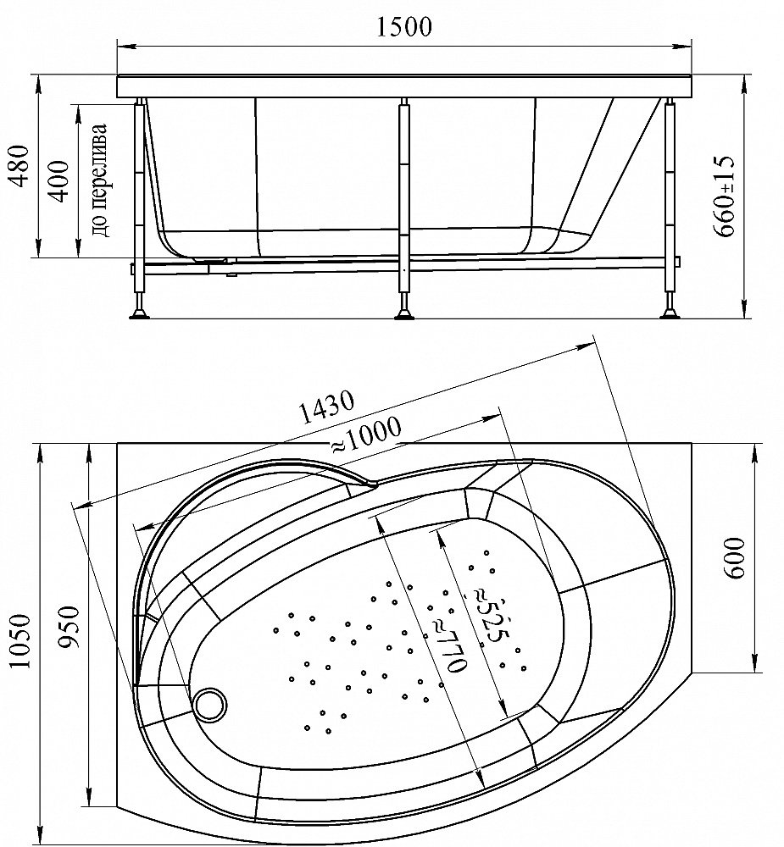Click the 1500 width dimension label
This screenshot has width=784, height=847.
(x=404, y=27)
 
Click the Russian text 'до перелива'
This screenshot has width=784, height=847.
(x=101, y=180)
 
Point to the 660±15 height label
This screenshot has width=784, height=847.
(x=724, y=197)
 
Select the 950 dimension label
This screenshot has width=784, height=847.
(x=70, y=627)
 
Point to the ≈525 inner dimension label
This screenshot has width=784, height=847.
(x=491, y=615)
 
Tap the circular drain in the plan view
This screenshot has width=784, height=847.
(x=211, y=704)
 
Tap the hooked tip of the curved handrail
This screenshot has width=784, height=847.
(x=372, y=485)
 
